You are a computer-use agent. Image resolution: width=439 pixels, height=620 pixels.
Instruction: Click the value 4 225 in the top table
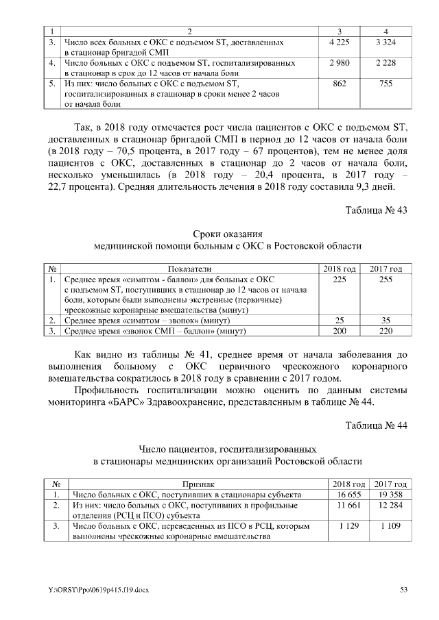340,43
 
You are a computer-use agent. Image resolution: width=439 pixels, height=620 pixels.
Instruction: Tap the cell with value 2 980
340,64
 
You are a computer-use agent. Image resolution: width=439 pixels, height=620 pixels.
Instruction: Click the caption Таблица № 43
376,210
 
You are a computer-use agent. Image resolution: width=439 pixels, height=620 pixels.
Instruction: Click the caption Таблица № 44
376,425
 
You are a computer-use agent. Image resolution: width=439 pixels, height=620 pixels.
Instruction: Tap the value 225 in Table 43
339,280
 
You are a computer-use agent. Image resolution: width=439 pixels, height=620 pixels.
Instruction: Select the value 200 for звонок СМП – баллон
339,331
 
